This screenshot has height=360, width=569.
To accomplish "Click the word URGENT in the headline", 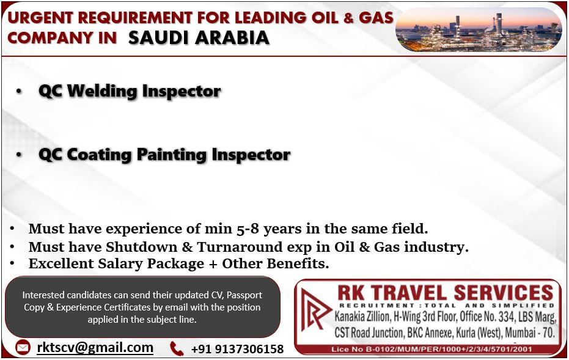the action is pos(40,18).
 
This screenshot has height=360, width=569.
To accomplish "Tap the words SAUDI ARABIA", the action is pos(199,38).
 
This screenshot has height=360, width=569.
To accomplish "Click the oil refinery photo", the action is pos(479,29).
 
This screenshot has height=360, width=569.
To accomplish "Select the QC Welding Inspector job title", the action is pos(130,91).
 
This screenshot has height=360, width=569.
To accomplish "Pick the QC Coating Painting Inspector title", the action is pos(164,155).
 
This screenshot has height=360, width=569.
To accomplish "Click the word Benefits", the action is pos(298,264).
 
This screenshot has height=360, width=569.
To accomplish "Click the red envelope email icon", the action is pos(23,348).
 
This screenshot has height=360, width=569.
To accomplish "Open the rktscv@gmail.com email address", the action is pos(95,348).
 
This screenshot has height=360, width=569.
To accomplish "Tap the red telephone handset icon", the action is pos(177,348).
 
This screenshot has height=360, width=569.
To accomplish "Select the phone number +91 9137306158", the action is pos(237,349).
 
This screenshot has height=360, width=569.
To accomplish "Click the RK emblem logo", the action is pos(315,310).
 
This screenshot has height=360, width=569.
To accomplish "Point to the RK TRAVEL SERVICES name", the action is pos(446,293).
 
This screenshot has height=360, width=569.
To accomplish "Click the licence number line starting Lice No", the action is pos(432,350).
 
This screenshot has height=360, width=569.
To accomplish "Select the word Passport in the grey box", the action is pos(244,295).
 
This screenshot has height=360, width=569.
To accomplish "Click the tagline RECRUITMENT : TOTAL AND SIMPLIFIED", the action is pos(447,306).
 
